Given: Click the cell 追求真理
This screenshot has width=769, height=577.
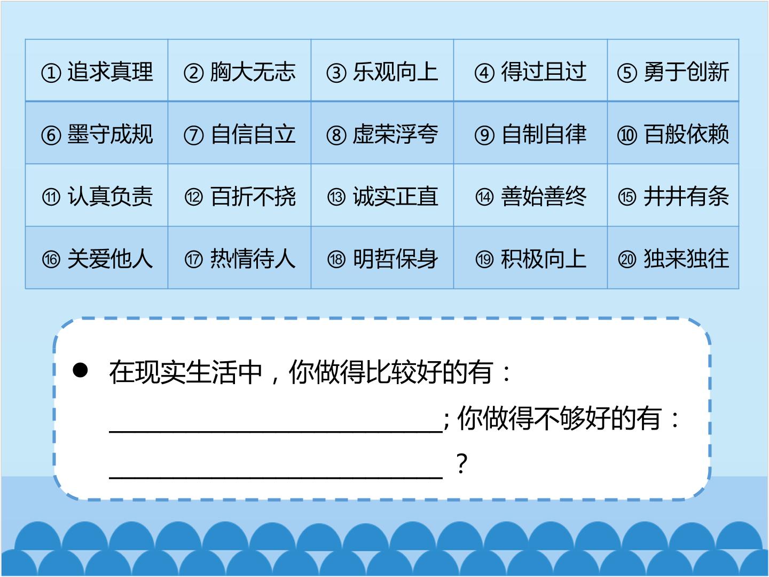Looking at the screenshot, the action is click(x=97, y=71).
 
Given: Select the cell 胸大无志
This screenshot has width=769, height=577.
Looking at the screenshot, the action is click(x=239, y=71).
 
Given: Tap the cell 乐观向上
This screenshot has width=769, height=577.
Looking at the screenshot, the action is click(x=382, y=71).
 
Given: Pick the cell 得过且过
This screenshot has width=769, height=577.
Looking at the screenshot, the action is click(x=530, y=71).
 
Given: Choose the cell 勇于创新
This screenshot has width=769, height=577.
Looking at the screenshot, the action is click(x=673, y=71).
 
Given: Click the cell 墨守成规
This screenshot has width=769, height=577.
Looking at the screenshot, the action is click(x=97, y=133).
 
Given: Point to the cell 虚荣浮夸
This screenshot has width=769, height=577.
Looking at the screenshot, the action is click(x=382, y=133).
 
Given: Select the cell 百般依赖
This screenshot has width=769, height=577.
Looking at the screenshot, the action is click(x=673, y=133).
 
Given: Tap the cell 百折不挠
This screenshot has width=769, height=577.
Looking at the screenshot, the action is click(x=239, y=195).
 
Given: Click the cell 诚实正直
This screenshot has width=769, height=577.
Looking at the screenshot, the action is click(x=382, y=195).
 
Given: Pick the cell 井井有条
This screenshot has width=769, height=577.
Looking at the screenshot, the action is click(x=673, y=195).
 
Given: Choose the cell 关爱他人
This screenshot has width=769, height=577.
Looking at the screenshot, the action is click(x=97, y=258).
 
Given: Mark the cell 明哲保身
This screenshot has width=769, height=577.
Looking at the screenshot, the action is click(x=382, y=258).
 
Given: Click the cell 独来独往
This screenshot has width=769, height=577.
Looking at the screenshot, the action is click(x=673, y=258).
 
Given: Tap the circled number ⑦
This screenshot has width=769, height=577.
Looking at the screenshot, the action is click(x=194, y=135).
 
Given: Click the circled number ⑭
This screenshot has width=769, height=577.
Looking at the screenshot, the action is click(x=484, y=197).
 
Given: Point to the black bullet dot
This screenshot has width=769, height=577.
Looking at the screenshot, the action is click(x=80, y=370).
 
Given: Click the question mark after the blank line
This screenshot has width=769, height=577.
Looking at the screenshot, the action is click(x=462, y=463).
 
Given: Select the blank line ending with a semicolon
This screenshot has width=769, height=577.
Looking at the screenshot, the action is click(x=276, y=432).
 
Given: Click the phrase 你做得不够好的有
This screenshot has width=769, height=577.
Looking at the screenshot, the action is click(x=560, y=418).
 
